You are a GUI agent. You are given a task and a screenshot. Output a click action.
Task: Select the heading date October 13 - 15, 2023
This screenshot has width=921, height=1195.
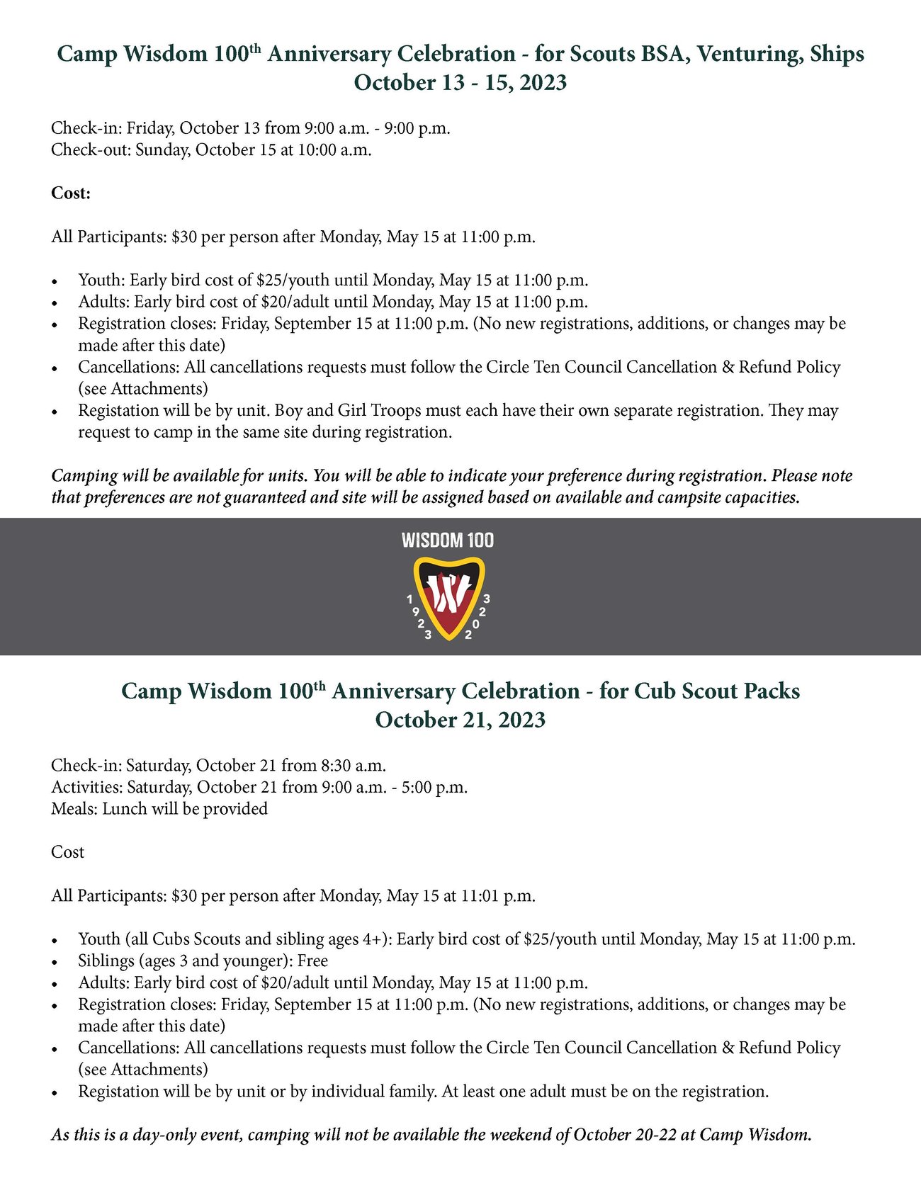[460, 83]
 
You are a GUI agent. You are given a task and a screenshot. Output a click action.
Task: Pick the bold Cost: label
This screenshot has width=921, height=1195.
[71, 193]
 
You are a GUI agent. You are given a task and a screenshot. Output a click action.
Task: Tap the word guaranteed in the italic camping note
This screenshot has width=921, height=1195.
[265, 497]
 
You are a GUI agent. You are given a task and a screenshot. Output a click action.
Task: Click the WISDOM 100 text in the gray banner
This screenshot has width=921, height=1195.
[447, 540]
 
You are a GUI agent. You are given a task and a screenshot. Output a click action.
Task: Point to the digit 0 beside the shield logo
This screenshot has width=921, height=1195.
[476, 624]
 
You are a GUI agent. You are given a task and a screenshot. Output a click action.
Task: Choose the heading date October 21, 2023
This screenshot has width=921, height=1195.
[460, 720]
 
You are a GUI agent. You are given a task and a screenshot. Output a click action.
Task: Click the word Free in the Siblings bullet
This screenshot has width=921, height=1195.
[312, 961]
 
